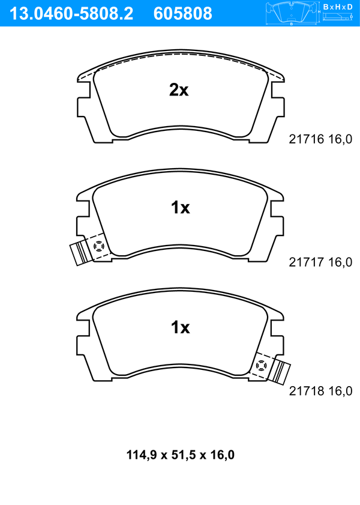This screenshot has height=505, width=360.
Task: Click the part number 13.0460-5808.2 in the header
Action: (x=71, y=14)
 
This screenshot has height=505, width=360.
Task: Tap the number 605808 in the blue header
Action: (x=183, y=14)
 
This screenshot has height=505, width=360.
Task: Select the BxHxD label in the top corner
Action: (x=338, y=7)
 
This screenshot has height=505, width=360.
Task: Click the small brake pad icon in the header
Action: (x=292, y=14)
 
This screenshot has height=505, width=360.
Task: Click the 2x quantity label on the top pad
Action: (x=179, y=90)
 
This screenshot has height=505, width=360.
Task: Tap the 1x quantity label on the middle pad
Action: (x=180, y=208)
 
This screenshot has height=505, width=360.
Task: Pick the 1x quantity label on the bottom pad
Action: (x=180, y=327)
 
